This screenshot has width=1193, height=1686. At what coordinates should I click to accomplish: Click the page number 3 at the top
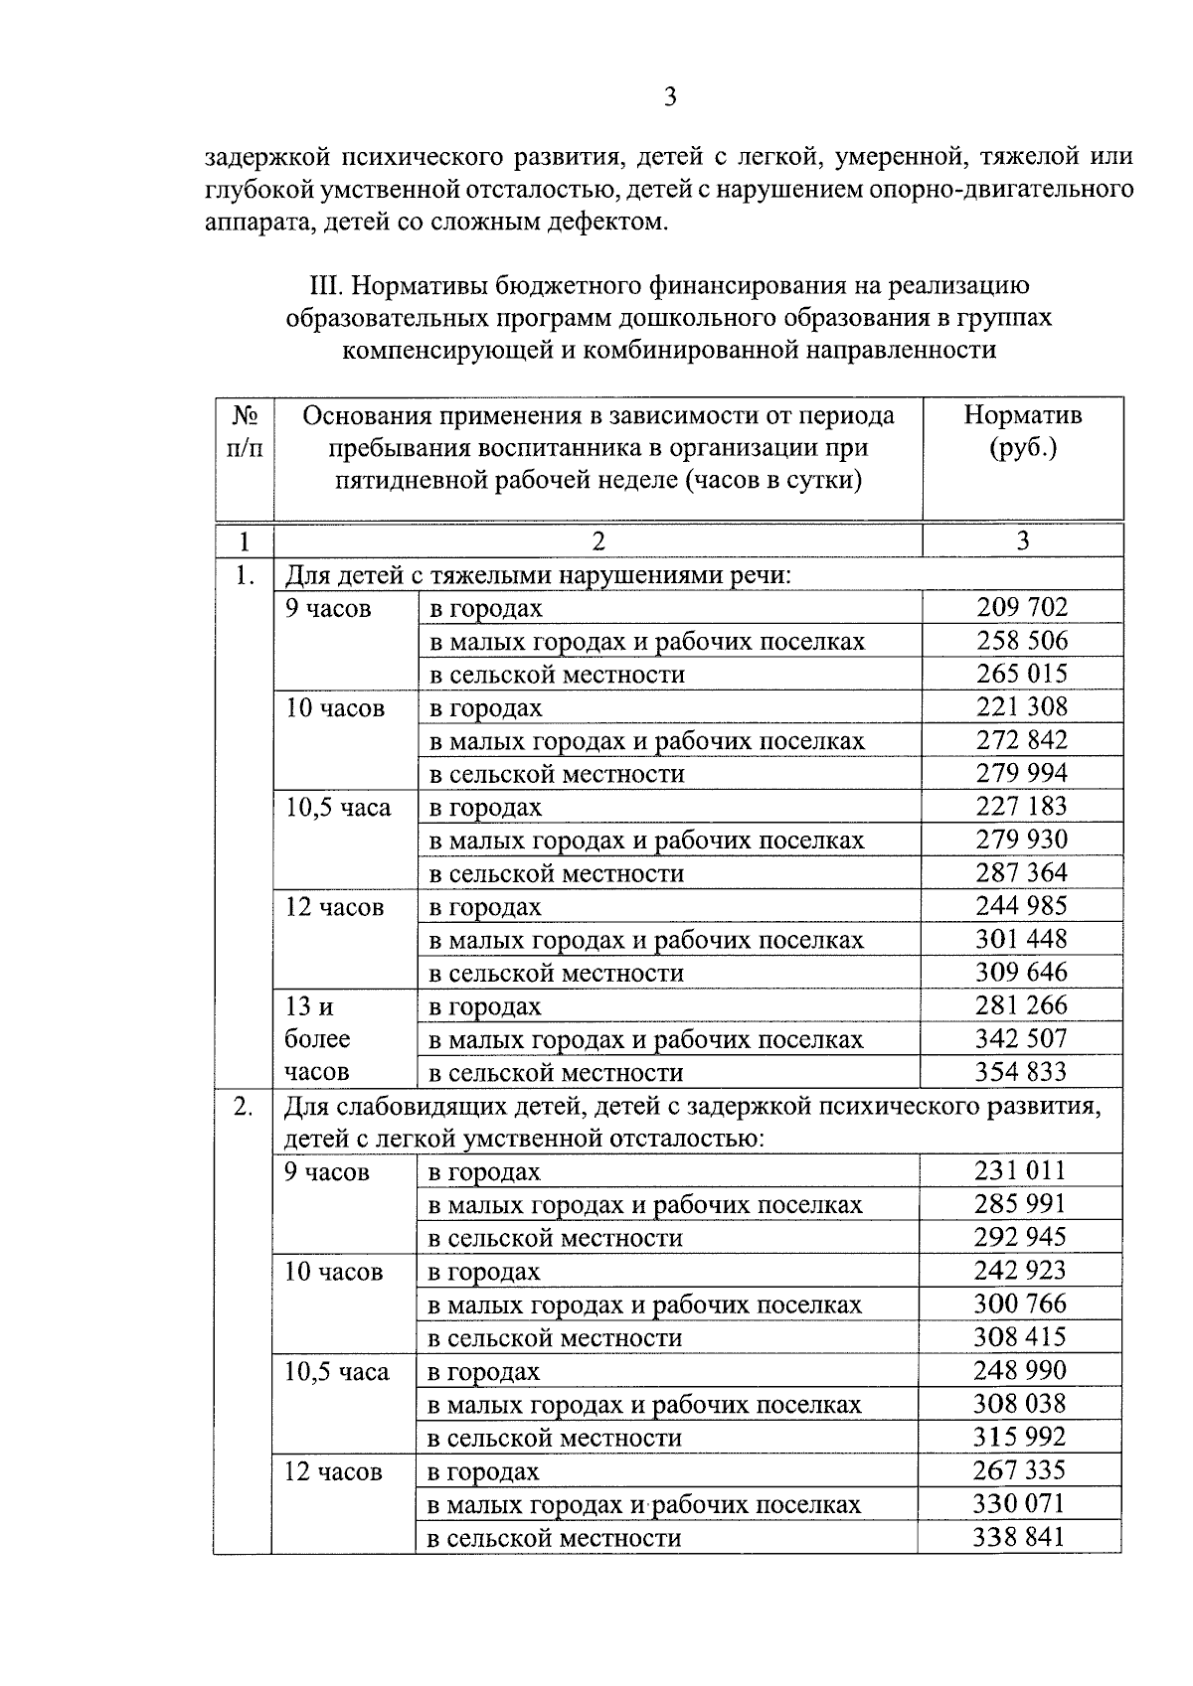click(669, 96)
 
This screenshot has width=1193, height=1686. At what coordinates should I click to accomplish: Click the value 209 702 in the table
click(1021, 607)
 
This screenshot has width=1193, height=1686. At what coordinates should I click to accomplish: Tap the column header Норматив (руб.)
click(1022, 431)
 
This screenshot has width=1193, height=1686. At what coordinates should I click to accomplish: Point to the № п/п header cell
click(245, 431)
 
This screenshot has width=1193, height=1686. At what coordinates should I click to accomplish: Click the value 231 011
click(1019, 1170)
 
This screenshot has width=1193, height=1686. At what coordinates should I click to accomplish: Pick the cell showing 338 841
click(1018, 1537)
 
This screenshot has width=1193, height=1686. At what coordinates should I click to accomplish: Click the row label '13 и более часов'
click(317, 1039)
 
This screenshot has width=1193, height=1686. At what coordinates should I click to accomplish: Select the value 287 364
click(1021, 872)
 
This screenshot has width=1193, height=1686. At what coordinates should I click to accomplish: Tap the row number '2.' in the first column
click(243, 1106)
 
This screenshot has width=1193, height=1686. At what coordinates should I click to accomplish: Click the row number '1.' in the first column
click(245, 575)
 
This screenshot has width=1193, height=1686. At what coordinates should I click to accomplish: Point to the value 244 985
click(1021, 906)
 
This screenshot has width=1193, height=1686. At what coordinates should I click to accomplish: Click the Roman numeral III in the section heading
click(326, 286)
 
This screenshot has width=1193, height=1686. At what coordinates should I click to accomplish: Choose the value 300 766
click(1019, 1303)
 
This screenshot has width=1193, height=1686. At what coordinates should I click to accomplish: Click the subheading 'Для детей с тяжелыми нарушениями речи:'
click(538, 575)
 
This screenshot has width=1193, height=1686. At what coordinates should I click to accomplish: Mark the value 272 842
click(1021, 740)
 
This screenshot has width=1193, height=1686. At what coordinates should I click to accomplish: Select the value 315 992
click(1019, 1437)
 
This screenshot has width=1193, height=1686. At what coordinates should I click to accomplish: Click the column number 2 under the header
click(597, 540)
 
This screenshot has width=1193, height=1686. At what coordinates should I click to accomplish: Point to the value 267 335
click(1019, 1470)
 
